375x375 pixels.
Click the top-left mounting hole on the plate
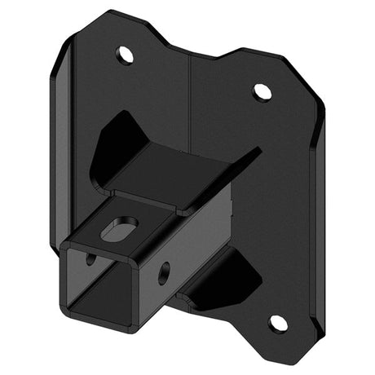pos(125,56)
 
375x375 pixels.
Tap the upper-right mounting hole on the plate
pos(262,91)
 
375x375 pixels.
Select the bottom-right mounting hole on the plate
pos(277,323)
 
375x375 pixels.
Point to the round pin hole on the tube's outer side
pos(164,272)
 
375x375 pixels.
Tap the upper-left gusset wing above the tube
pos(118,139)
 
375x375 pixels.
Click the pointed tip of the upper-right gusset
pos(260,150)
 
